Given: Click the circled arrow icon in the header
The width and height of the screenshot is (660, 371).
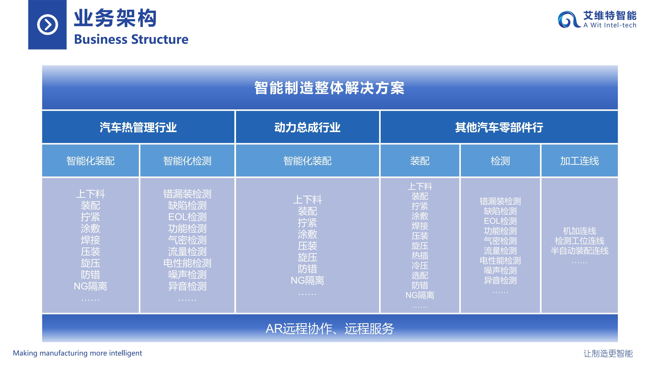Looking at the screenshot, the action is click(x=47, y=25).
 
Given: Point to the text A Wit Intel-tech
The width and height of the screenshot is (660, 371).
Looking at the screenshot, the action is click(x=610, y=25).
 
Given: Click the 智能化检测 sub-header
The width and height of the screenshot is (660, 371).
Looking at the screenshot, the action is click(x=187, y=161).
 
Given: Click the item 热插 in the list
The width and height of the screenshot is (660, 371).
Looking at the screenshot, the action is click(x=420, y=256).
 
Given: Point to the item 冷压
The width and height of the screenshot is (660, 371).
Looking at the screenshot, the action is click(x=420, y=265).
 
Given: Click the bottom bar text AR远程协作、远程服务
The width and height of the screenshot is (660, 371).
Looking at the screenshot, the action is click(x=330, y=328).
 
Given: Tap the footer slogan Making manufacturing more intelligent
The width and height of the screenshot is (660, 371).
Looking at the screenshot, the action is click(x=77, y=353).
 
